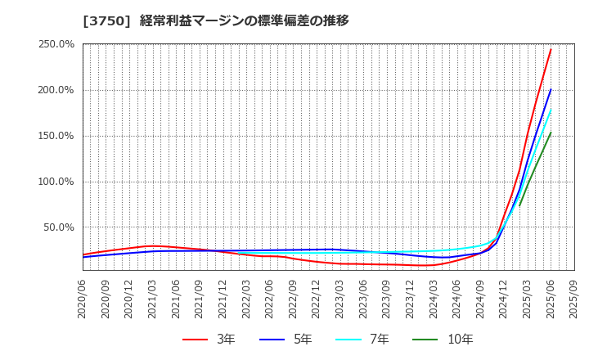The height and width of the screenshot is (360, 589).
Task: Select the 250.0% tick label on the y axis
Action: (x=56, y=44)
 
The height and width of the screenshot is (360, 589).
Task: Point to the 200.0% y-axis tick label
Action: (x=56, y=90)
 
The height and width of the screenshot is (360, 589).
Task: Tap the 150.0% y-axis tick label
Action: (x=56, y=136)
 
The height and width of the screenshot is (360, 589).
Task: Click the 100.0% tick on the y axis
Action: (x=56, y=182)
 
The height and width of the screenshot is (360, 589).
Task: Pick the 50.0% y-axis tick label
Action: (x=59, y=227)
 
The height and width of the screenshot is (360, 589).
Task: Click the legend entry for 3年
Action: (x=208, y=339)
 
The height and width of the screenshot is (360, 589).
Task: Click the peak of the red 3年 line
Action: (x=551, y=49)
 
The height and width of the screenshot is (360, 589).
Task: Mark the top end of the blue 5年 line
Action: (x=551, y=90)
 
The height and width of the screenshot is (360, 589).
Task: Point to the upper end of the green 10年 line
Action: (x=551, y=133)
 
